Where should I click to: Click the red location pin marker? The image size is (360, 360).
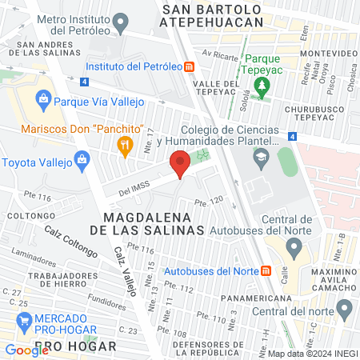pyautogui.click(x=180, y=166)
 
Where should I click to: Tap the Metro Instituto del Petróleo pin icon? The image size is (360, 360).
pyautogui.click(x=121, y=23)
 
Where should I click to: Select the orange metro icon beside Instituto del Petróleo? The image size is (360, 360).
pyautogui.click(x=189, y=67)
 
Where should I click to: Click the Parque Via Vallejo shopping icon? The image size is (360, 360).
pyautogui.click(x=44, y=102)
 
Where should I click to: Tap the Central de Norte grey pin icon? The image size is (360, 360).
pyautogui.click(x=294, y=249)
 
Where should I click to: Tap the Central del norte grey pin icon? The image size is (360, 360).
pyautogui.click(x=345, y=308)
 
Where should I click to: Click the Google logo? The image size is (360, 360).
pyautogui.click(x=27, y=350)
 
